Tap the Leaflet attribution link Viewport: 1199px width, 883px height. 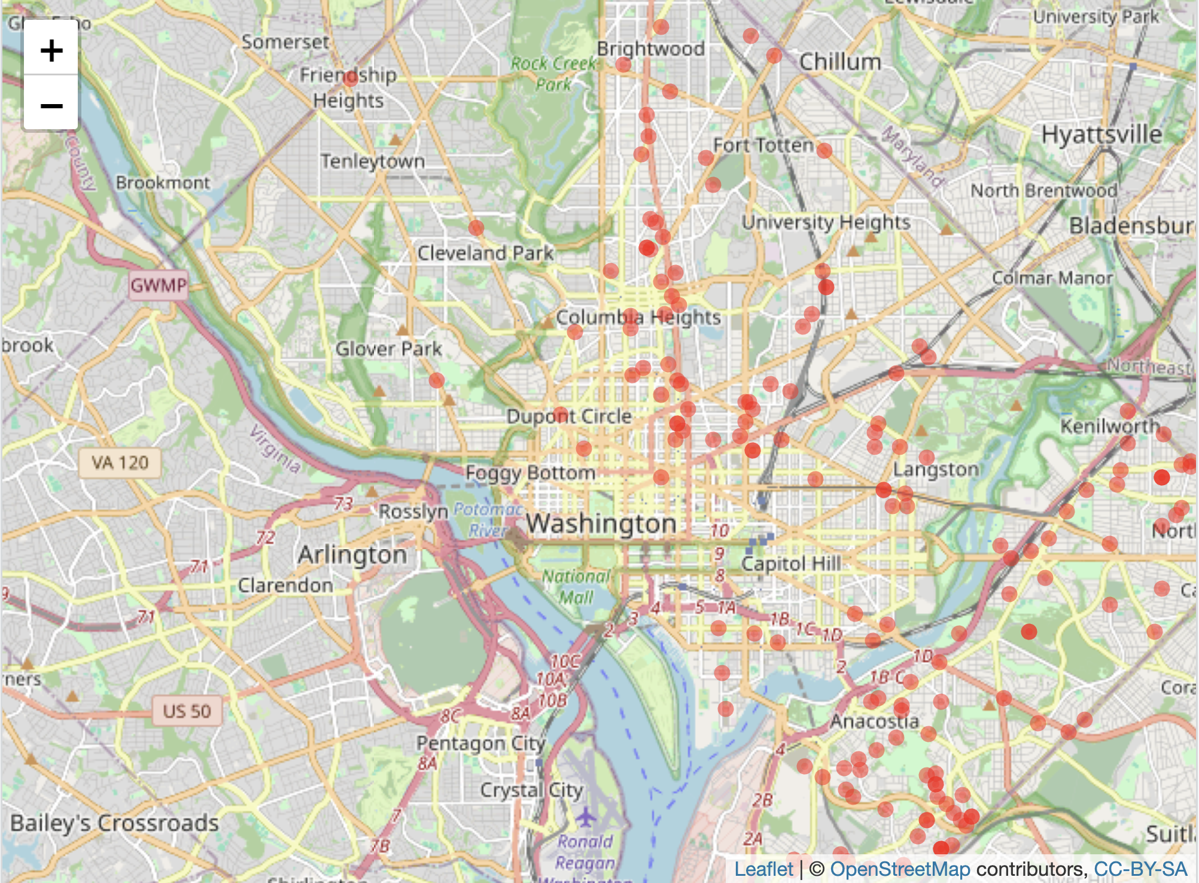click(763, 869)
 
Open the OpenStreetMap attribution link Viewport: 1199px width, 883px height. click(900, 869)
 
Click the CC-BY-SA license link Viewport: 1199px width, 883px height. click(1140, 869)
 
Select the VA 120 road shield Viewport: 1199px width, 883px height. click(120, 462)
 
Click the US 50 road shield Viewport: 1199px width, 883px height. click(187, 711)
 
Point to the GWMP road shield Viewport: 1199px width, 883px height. click(159, 285)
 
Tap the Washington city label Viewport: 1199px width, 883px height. click(601, 523)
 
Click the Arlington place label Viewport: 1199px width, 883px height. click(352, 555)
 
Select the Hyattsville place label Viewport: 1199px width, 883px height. click(1101, 134)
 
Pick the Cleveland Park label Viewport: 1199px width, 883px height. click(485, 253)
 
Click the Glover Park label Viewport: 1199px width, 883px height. click(388, 349)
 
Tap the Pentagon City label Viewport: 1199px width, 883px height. click(480, 743)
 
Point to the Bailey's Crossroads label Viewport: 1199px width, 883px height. click(114, 823)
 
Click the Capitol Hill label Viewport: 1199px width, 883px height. click(791, 564)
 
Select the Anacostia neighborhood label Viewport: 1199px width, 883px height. click(874, 721)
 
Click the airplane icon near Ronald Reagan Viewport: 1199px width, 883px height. click(586, 816)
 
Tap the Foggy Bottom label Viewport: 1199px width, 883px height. click(530, 473)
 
